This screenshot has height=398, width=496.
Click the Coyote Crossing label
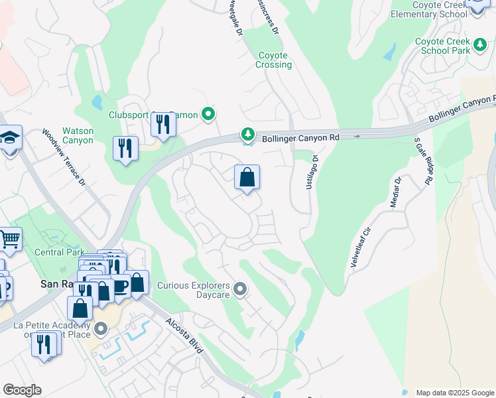pyautogui.click(x=273, y=60)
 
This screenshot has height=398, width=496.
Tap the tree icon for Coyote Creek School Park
pyautogui.click(x=480, y=46)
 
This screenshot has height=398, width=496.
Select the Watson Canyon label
pyautogui.click(x=78, y=135)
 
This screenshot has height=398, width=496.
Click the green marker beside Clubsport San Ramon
pyautogui.click(x=208, y=115)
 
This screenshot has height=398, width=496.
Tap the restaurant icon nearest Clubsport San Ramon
pyautogui.click(x=163, y=125)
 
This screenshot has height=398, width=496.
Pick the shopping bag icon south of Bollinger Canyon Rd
pyautogui.click(x=247, y=178)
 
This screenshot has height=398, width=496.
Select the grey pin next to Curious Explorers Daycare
pyautogui.click(x=240, y=289)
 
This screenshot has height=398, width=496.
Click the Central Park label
pyautogui.click(x=60, y=252)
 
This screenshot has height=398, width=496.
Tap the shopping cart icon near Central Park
pyautogui.click(x=9, y=239)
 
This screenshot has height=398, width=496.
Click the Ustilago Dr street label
pyautogui.click(x=311, y=172)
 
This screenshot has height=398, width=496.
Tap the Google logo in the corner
pyautogui.click(x=22, y=390)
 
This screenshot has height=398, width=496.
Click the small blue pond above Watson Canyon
pyautogui.click(x=97, y=102)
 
